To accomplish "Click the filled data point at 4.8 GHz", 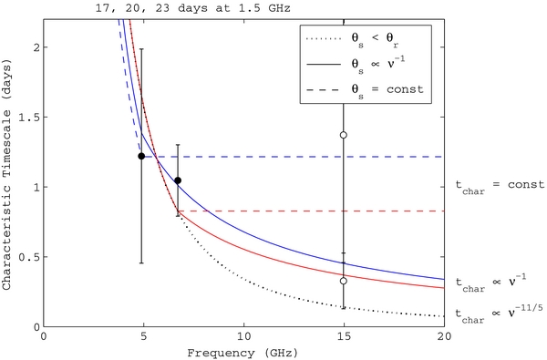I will [x=141, y=156].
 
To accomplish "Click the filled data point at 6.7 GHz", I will [x=178, y=180].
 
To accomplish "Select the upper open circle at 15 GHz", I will [x=344, y=135].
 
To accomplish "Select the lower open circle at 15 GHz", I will [x=344, y=281].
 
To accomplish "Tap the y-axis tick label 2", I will [x=35, y=47].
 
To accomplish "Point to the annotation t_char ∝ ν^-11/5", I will [x=496, y=314].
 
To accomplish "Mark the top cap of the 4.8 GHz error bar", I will [x=141, y=49].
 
